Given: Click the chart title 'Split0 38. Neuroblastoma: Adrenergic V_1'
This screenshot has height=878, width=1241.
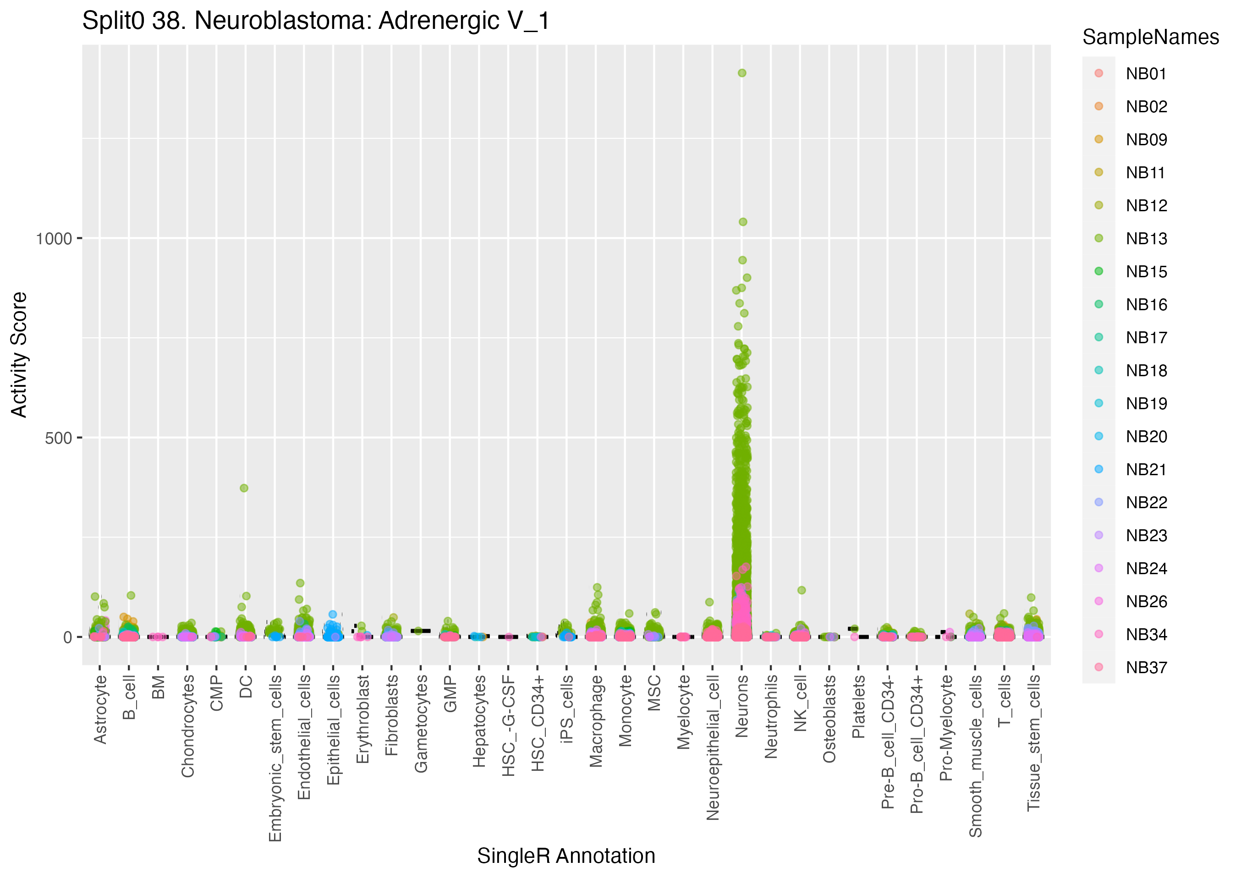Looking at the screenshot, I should (316, 22).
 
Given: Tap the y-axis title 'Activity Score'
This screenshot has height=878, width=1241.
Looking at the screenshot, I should (19, 355).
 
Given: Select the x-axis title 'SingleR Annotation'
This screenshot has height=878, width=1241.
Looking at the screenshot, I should (566, 856).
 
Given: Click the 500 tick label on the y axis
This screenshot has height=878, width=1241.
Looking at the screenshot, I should (58, 438).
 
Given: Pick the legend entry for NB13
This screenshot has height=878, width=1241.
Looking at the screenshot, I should (1146, 238).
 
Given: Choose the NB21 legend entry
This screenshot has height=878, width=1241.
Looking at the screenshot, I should (1146, 469).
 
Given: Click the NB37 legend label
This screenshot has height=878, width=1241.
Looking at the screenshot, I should (1146, 668).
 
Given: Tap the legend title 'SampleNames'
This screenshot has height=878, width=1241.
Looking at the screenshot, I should (1150, 37).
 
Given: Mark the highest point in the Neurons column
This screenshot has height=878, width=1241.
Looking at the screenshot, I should (742, 73).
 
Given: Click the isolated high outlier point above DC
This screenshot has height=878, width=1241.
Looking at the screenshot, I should (244, 488).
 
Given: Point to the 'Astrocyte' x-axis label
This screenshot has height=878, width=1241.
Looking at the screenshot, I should (100, 709).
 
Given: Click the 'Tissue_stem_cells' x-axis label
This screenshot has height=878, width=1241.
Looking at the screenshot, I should (1033, 743).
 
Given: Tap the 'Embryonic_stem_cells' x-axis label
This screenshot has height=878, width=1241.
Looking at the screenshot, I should (275, 758).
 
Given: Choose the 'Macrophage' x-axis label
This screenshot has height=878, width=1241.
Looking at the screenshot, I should (596, 721).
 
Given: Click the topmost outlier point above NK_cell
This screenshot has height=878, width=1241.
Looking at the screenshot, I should (802, 590).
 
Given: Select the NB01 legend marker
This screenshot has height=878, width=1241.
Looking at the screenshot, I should (1099, 73).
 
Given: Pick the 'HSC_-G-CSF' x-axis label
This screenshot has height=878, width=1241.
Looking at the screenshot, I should (509, 725).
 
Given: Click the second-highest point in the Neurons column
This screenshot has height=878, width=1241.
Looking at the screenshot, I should (743, 222).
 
